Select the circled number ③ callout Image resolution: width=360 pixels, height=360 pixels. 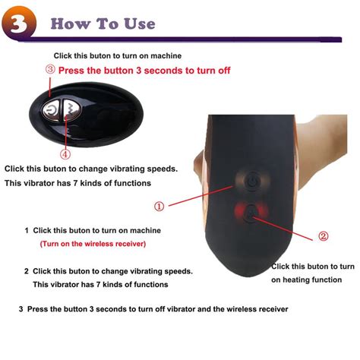tap(50, 69)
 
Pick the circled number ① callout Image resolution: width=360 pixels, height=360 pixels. tap(159, 206)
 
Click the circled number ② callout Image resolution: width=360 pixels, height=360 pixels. tap(323, 236)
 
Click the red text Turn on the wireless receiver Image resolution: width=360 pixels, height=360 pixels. tap(92, 244)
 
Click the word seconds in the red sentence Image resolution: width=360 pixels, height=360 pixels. tap(157, 70)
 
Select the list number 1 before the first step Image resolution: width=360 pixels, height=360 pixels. tap(27, 230)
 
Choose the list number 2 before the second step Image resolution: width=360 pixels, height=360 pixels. tap(27, 271)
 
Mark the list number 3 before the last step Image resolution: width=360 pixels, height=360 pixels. tap(21, 310)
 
